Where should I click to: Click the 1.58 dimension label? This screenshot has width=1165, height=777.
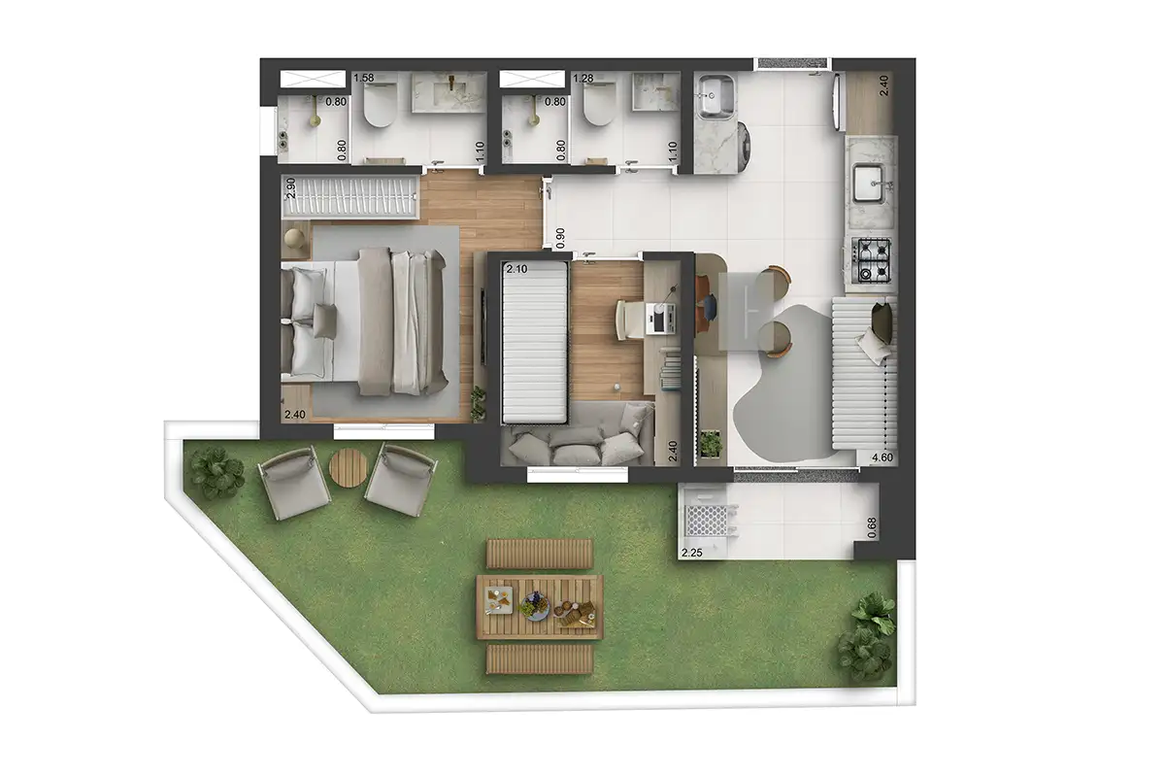pyautogui.click(x=364, y=78)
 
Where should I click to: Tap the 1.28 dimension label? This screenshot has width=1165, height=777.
pyautogui.click(x=583, y=78)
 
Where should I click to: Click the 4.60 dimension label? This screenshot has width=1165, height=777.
pyautogui.click(x=882, y=458)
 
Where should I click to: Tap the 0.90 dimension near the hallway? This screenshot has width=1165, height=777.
pyautogui.click(x=558, y=236)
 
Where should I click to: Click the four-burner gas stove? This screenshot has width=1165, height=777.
pyautogui.click(x=873, y=261)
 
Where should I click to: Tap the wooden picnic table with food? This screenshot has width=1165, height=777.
pyautogui.click(x=540, y=606)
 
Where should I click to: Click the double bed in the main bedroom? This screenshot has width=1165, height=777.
pyautogui.click(x=369, y=321)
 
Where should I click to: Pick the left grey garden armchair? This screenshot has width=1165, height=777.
pyautogui.click(x=294, y=487)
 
